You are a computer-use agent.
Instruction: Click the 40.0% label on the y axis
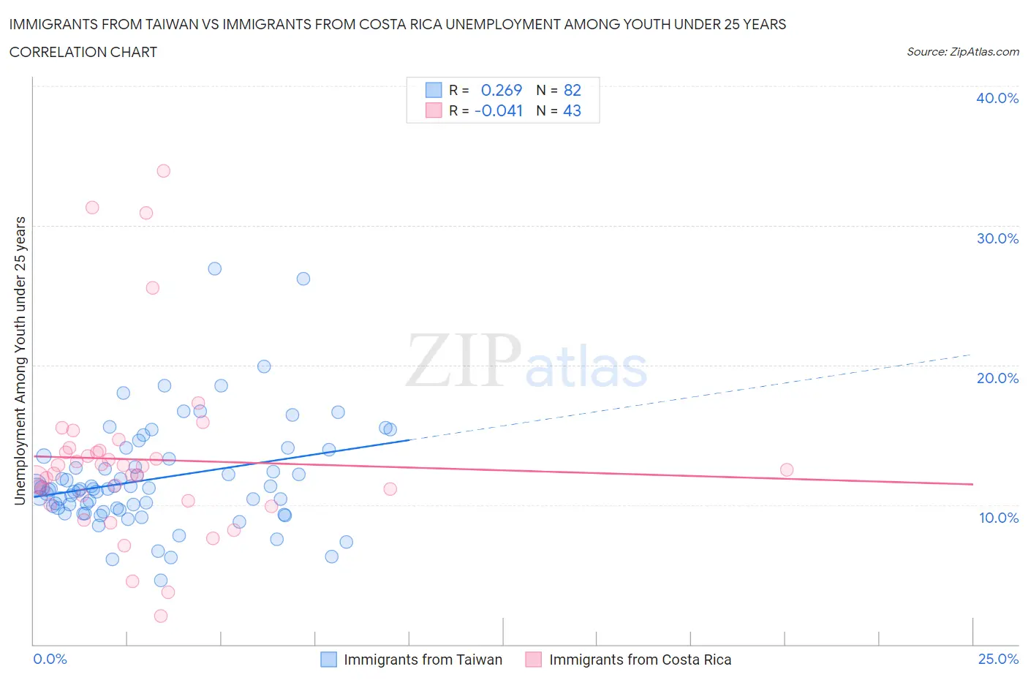997,98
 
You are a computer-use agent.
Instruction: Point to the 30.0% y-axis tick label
997,238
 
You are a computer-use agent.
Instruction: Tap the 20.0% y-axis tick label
997,378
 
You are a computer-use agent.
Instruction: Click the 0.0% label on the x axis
50,659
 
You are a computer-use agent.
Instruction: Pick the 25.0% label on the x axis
998,659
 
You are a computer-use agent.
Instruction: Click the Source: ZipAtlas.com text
962,52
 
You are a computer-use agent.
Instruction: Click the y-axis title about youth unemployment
20,360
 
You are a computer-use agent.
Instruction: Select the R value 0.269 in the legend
502,90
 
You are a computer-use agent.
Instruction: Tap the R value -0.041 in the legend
499,111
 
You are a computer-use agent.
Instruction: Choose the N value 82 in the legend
572,90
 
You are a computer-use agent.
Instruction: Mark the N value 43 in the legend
572,111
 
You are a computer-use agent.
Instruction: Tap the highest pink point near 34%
163,171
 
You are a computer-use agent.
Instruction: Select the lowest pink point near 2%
161,616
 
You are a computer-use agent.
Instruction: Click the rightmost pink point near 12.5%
787,469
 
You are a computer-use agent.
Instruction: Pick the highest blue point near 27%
214,268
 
